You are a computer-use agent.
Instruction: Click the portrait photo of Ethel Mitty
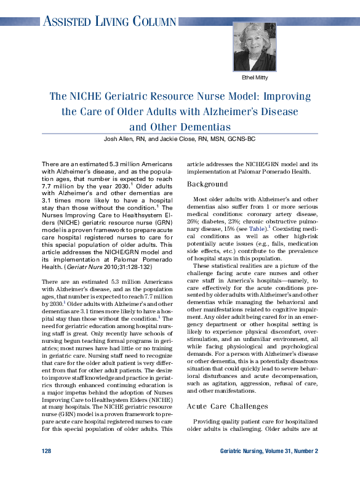point(255,46)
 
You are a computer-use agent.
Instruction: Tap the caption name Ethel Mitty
point(255,78)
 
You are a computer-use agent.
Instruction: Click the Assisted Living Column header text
point(109,22)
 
